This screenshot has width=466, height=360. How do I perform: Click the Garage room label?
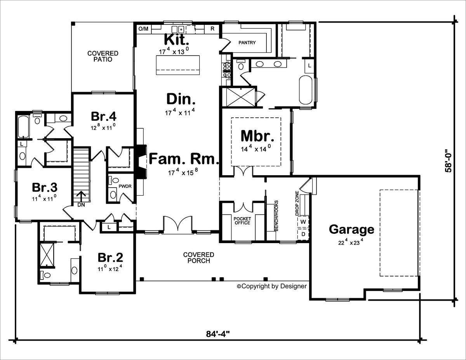click(351, 230)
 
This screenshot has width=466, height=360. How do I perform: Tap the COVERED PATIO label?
click(103, 56)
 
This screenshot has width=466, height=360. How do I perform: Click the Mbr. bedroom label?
click(257, 136)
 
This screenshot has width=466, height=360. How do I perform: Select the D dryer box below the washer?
click(303, 234)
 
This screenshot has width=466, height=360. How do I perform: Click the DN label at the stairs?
click(82, 205)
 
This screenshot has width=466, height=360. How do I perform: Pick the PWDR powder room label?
click(125, 186)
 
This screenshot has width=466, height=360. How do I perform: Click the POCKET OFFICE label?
click(242, 221)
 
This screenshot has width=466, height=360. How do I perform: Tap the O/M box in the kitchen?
click(143, 29)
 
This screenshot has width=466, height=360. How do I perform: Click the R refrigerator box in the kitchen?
click(212, 29)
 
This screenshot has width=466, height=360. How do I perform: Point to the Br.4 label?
click(104, 116)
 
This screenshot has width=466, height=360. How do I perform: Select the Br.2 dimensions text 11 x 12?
click(110, 268)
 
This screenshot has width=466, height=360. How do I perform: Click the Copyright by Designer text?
click(272, 286)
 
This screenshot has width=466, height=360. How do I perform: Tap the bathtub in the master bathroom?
click(305, 90)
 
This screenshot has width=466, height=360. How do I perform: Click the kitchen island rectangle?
click(178, 64)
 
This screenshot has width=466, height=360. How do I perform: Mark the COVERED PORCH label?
click(198, 257)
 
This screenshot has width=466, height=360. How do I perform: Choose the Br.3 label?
click(45, 188)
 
